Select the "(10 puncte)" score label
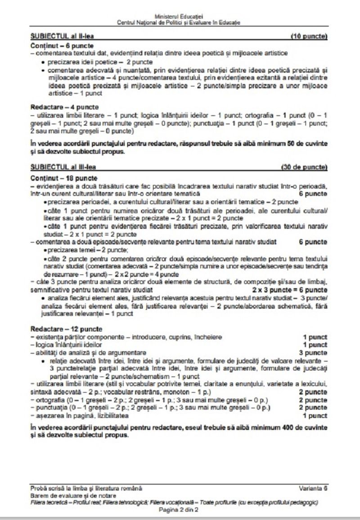(x=309, y=36)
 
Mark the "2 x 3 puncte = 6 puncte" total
(x=290, y=289)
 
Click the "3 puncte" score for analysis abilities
(x=315, y=352)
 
